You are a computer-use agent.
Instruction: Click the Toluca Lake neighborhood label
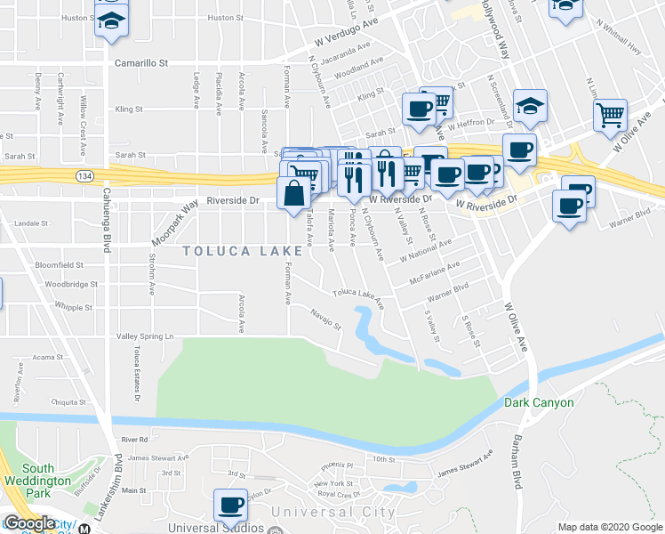239,251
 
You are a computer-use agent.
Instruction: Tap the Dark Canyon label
539,402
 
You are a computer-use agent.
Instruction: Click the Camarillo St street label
141,63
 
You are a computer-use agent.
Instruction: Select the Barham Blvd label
517,463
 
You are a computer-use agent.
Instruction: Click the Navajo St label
325,317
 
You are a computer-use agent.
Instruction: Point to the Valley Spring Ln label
145,337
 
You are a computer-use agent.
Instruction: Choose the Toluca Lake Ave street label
358,297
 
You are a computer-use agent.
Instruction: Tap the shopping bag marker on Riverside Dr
293,193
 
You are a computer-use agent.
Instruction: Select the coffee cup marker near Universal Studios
232,505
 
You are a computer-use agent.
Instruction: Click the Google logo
29,523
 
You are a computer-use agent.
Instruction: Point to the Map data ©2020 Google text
609,527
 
